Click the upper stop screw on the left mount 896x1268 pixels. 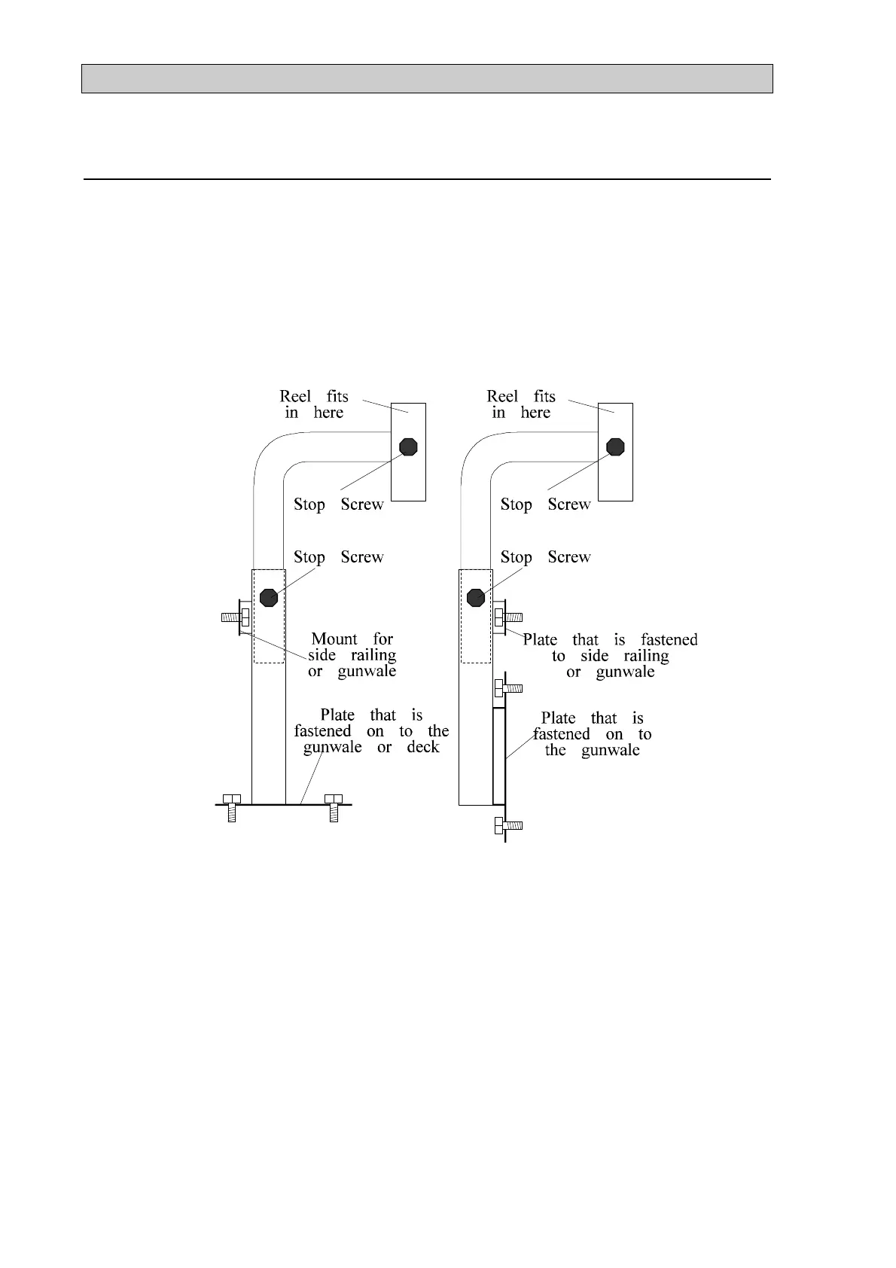tap(408, 447)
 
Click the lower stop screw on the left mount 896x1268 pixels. tap(269, 598)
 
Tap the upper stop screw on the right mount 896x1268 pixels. tap(615, 447)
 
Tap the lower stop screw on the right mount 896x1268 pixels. tap(475, 598)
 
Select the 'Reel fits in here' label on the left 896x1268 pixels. tap(314, 404)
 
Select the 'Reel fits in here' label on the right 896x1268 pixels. tap(521, 404)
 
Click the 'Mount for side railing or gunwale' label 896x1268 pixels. tap(352, 655)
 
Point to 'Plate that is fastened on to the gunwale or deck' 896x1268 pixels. tap(371, 731)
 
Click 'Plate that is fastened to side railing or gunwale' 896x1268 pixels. tap(610, 655)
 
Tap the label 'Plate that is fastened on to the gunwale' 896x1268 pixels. tap(593, 734)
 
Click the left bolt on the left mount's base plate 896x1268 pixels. tap(231, 807)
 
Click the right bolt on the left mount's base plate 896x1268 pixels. tap(333, 807)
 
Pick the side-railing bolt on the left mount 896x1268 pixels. tap(235, 617)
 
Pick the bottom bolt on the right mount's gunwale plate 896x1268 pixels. tap(507, 825)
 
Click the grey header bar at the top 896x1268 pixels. tap(427, 78)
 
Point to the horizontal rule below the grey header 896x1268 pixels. tap(427, 179)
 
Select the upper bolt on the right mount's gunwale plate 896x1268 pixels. tap(507, 687)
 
